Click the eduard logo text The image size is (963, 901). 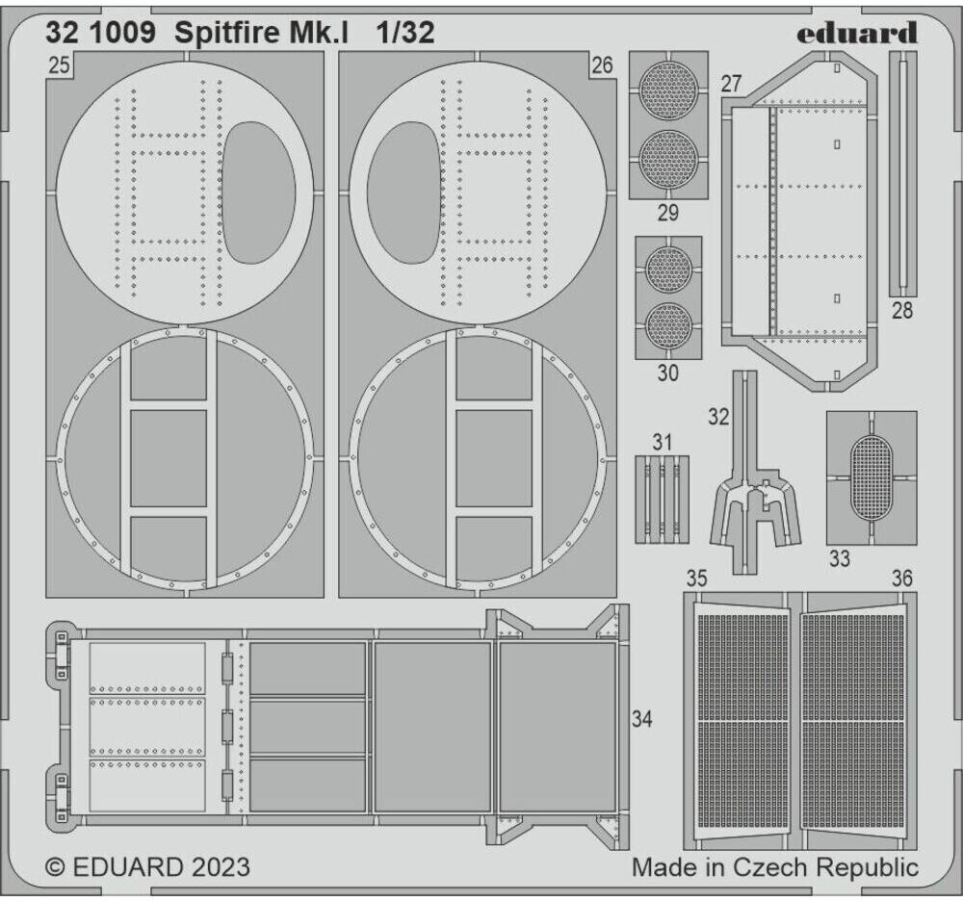856,34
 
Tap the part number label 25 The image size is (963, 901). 59,65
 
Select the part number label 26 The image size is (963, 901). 603,65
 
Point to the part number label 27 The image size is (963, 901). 731,84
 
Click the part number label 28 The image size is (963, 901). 902,311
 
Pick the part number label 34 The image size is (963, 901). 643,719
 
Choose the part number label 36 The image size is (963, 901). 901,579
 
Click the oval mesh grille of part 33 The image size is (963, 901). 872,477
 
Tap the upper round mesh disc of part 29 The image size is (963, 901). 668,90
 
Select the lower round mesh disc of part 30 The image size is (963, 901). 668,326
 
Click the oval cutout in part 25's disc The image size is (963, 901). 258,193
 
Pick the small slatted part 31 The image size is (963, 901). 663,498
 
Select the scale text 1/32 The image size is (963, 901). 406,33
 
